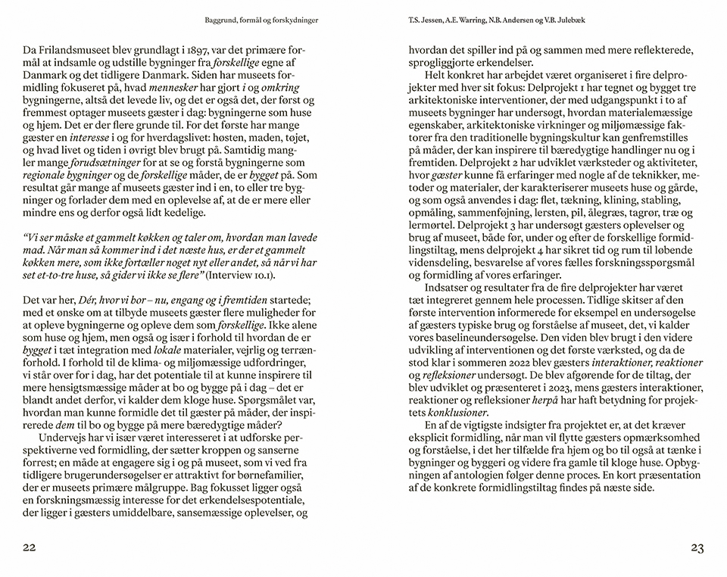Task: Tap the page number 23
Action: point(698,547)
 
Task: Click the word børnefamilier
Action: point(262,473)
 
